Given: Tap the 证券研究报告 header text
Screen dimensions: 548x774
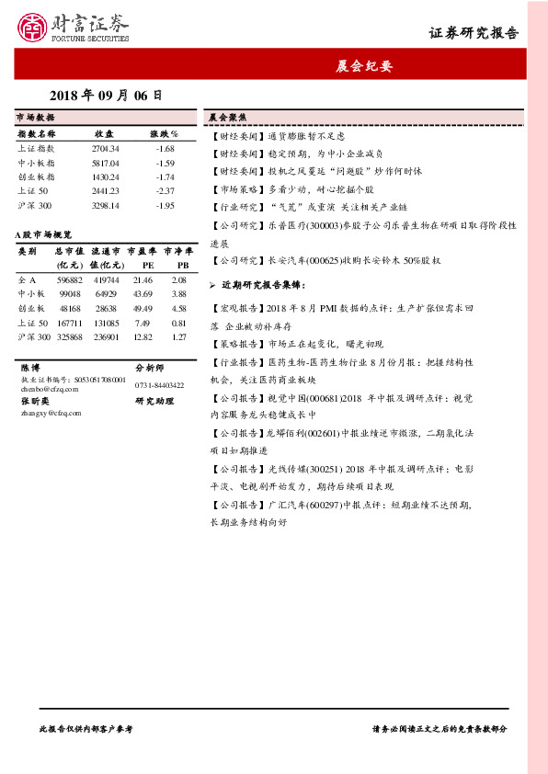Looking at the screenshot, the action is click(474, 33).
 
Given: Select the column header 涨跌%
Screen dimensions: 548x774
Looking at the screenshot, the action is click(166, 133).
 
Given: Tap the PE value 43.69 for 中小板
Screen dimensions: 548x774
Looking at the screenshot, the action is click(143, 292).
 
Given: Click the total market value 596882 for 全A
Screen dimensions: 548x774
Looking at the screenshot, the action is click(70, 279).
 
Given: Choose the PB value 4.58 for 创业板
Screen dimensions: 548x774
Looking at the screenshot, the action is click(178, 308).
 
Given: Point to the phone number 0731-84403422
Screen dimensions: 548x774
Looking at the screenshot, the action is click(160, 384).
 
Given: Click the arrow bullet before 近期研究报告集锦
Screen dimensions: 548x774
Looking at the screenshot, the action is click(213, 286).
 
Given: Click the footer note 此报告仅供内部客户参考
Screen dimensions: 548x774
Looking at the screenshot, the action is click(86, 728).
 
